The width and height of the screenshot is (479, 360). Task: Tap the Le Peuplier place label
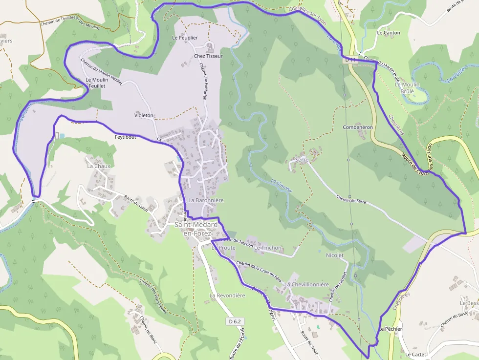click(185, 38)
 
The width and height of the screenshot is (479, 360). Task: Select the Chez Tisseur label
click(208, 56)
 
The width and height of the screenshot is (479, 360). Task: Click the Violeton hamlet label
click(144, 116)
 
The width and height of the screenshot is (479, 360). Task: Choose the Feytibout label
click(125, 137)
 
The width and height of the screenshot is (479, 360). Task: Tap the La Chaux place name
click(99, 166)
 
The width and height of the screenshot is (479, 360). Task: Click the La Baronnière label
click(206, 200)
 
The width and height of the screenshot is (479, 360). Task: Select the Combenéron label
click(358, 127)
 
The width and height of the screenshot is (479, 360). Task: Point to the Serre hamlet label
click(302, 160)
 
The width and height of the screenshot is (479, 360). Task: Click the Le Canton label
click(389, 33)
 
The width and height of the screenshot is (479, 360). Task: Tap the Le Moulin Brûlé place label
click(407, 88)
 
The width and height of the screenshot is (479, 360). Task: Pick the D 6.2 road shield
click(235, 321)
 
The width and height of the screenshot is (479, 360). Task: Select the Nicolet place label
click(334, 255)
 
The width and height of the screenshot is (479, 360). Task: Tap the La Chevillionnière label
click(306, 284)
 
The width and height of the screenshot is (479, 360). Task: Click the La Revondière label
click(227, 296)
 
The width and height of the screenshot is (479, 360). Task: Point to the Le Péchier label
click(391, 329)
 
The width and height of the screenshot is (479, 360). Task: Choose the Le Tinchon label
click(268, 248)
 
